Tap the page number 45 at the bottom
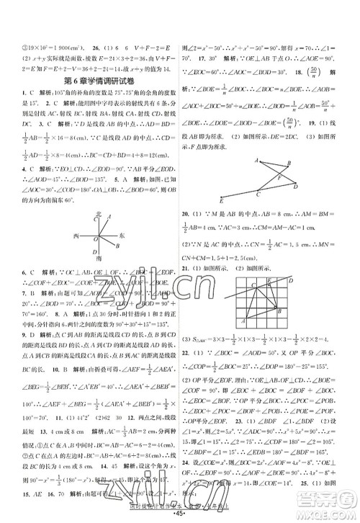coord(179,511)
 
